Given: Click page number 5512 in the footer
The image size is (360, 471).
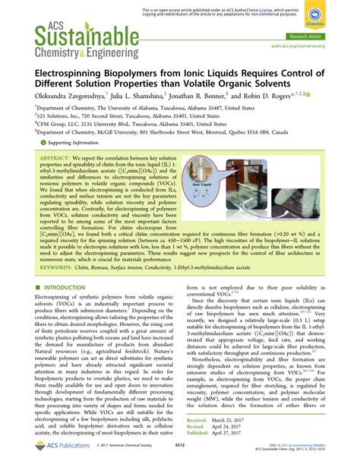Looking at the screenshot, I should pyautogui.click(x=180, y=457).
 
